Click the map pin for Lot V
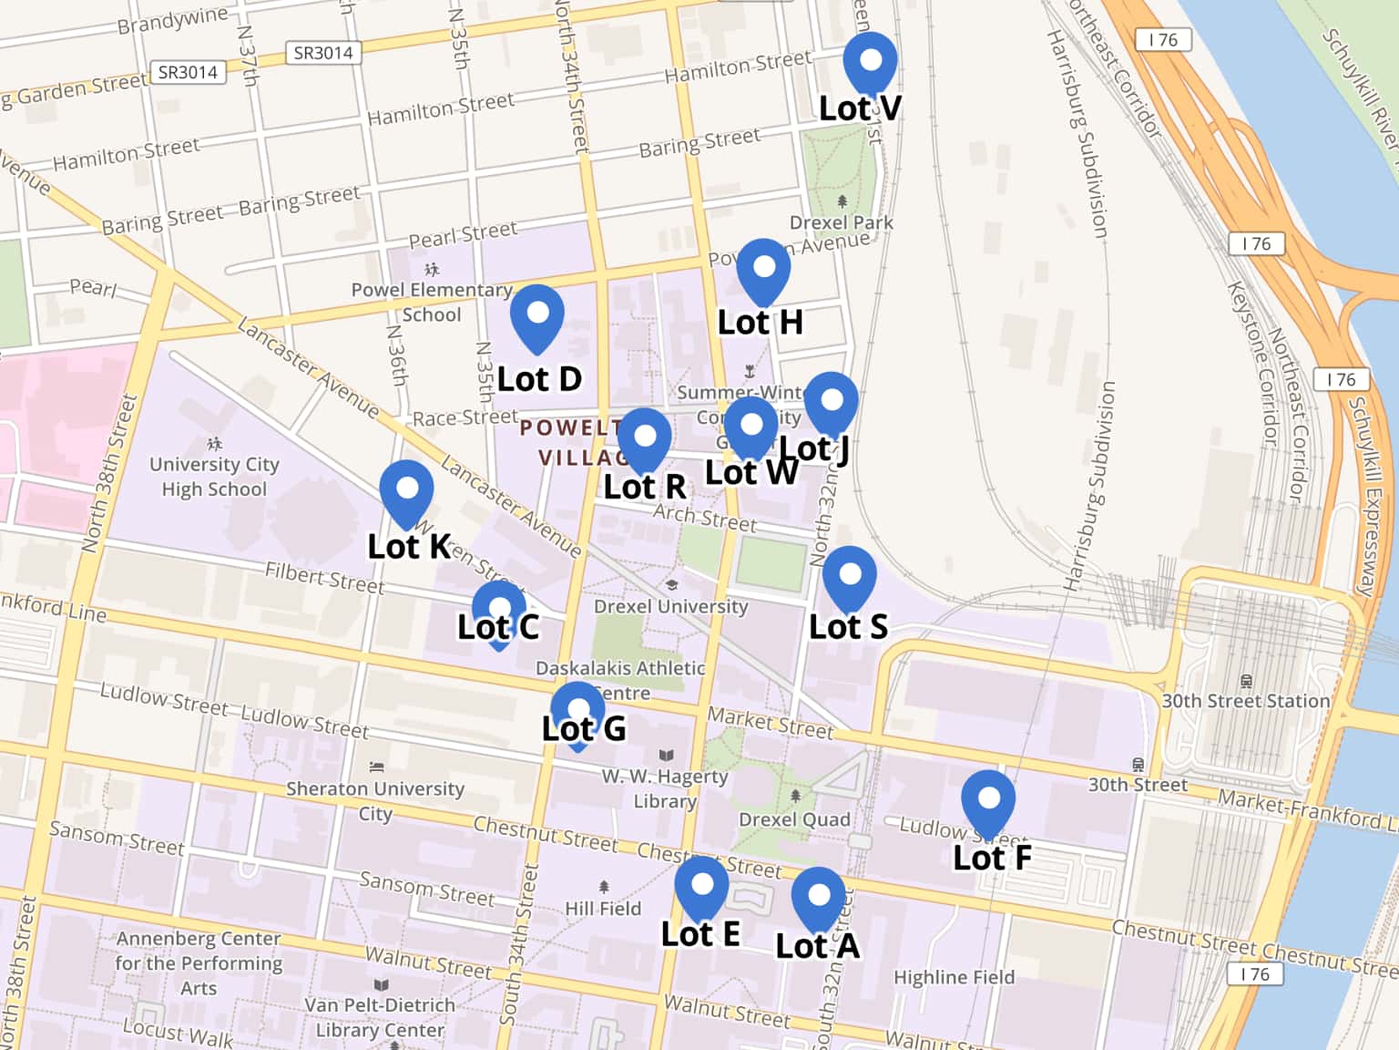(x=870, y=61)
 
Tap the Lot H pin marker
(x=763, y=269)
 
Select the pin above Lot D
(x=537, y=314)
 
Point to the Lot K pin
(x=406, y=490)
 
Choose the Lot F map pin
(x=988, y=800)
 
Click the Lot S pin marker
(x=849, y=576)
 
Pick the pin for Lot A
(x=818, y=897)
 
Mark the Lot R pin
(x=644, y=438)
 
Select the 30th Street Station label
(x=1245, y=701)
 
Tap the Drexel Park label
(x=841, y=222)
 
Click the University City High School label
(x=214, y=477)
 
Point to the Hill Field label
(x=603, y=909)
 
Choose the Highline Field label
(x=954, y=977)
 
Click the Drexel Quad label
(x=794, y=819)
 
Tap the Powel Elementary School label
(x=432, y=302)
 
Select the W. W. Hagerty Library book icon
(x=666, y=756)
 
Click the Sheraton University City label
(x=375, y=800)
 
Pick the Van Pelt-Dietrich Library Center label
(x=380, y=1017)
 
